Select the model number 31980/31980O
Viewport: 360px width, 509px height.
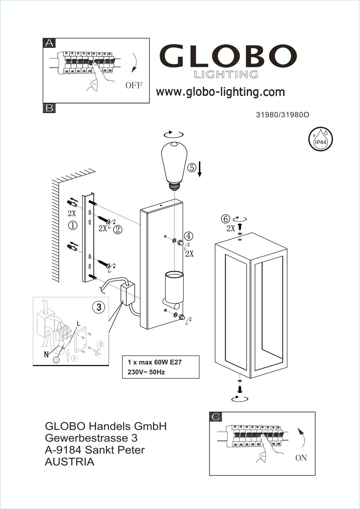tap(282, 115)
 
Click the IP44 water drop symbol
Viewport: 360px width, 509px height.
tap(320, 139)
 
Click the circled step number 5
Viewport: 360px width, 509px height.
tap(192, 168)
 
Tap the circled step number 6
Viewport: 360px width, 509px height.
tap(225, 219)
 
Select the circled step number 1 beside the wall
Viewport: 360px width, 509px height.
tap(73, 225)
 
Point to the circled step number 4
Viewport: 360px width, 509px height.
tap(188, 236)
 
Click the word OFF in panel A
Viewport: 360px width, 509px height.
tap(134, 85)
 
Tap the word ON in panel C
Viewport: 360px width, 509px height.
tap(301, 458)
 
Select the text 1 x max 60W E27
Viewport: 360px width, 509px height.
tap(155, 362)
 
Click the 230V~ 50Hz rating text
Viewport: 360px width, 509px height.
tap(146, 372)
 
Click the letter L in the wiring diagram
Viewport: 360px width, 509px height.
tap(79, 324)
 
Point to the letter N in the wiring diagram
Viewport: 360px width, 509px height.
tap(46, 355)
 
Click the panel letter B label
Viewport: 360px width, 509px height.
tap(49, 108)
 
